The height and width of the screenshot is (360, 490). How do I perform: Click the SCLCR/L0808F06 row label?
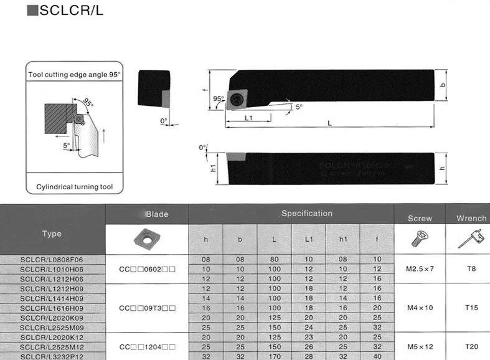(x=52, y=259)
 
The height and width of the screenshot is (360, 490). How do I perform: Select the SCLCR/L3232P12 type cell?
(x=52, y=356)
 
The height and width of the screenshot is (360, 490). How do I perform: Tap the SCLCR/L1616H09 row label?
(x=52, y=308)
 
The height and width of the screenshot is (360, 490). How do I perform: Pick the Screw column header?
(x=419, y=219)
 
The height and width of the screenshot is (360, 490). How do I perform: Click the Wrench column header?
(x=471, y=219)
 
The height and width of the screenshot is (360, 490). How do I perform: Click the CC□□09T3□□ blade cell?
(x=147, y=308)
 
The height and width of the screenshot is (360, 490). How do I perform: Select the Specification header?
(x=307, y=214)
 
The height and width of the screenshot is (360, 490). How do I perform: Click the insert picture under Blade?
(x=147, y=239)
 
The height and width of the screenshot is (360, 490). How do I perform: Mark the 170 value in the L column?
(x=274, y=356)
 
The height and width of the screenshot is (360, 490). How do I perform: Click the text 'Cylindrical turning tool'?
(x=74, y=186)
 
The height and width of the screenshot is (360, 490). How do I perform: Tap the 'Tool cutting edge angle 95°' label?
(x=74, y=74)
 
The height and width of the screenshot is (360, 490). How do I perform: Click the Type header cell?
(x=52, y=234)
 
